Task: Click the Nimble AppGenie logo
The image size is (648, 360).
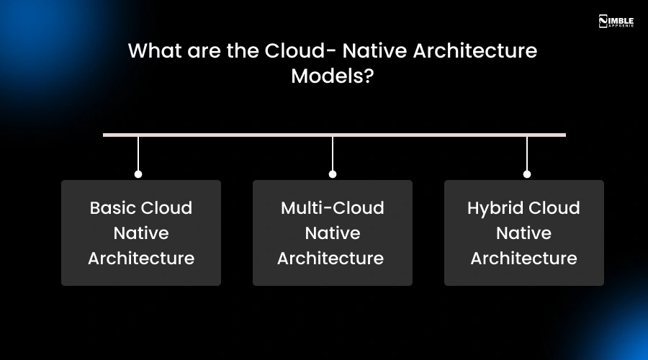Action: pos(616,21)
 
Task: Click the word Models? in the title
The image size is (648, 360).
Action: pos(332,76)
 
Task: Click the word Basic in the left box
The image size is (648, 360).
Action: pos(112,208)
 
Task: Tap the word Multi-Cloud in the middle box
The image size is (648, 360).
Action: pos(332,208)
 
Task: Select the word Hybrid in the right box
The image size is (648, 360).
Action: pos(493,208)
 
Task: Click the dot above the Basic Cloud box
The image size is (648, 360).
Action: pos(138,174)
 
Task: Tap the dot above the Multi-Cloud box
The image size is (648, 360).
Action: pos(333,174)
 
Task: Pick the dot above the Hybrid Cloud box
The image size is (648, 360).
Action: pos(527,174)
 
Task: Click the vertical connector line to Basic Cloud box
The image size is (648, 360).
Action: pos(138,153)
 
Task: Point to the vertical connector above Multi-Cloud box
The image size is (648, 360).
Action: pos(333,153)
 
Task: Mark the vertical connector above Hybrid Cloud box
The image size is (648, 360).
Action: pos(527,153)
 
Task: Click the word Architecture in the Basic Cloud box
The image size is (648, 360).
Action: pos(141,258)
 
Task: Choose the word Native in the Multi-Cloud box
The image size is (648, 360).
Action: pos(332,233)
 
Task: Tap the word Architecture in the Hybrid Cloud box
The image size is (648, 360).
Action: pos(523,258)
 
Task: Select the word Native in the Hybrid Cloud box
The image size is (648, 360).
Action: pos(523,233)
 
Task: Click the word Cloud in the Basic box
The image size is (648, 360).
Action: pos(166,208)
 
